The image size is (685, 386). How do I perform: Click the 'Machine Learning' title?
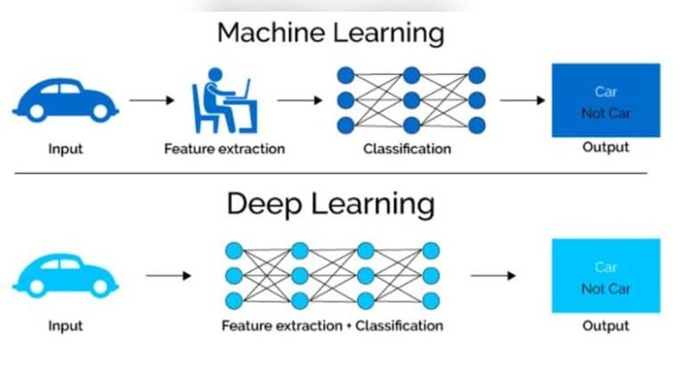(331, 33)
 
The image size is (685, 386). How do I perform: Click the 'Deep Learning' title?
(331, 204)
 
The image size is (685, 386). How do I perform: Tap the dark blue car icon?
(65, 100)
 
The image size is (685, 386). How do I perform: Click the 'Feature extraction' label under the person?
(224, 148)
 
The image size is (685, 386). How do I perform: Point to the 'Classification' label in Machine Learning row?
(407, 148)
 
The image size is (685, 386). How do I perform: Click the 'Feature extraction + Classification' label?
(332, 326)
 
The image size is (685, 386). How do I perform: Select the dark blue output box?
(606, 100)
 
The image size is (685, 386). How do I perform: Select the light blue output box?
(606, 276)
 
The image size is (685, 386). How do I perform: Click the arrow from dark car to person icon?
(152, 101)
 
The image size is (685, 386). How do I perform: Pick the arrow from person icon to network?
(299, 101)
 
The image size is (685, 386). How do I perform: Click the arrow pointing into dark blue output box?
(523, 101)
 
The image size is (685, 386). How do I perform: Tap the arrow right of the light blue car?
(169, 276)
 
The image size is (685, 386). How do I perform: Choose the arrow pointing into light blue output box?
(493, 276)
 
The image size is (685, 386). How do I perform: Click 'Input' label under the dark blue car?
(65, 148)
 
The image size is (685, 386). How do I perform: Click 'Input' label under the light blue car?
(65, 326)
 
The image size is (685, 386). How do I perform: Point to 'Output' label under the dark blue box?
(606, 147)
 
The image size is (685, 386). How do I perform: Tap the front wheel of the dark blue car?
(101, 111)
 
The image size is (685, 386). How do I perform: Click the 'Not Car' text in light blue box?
(606, 289)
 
